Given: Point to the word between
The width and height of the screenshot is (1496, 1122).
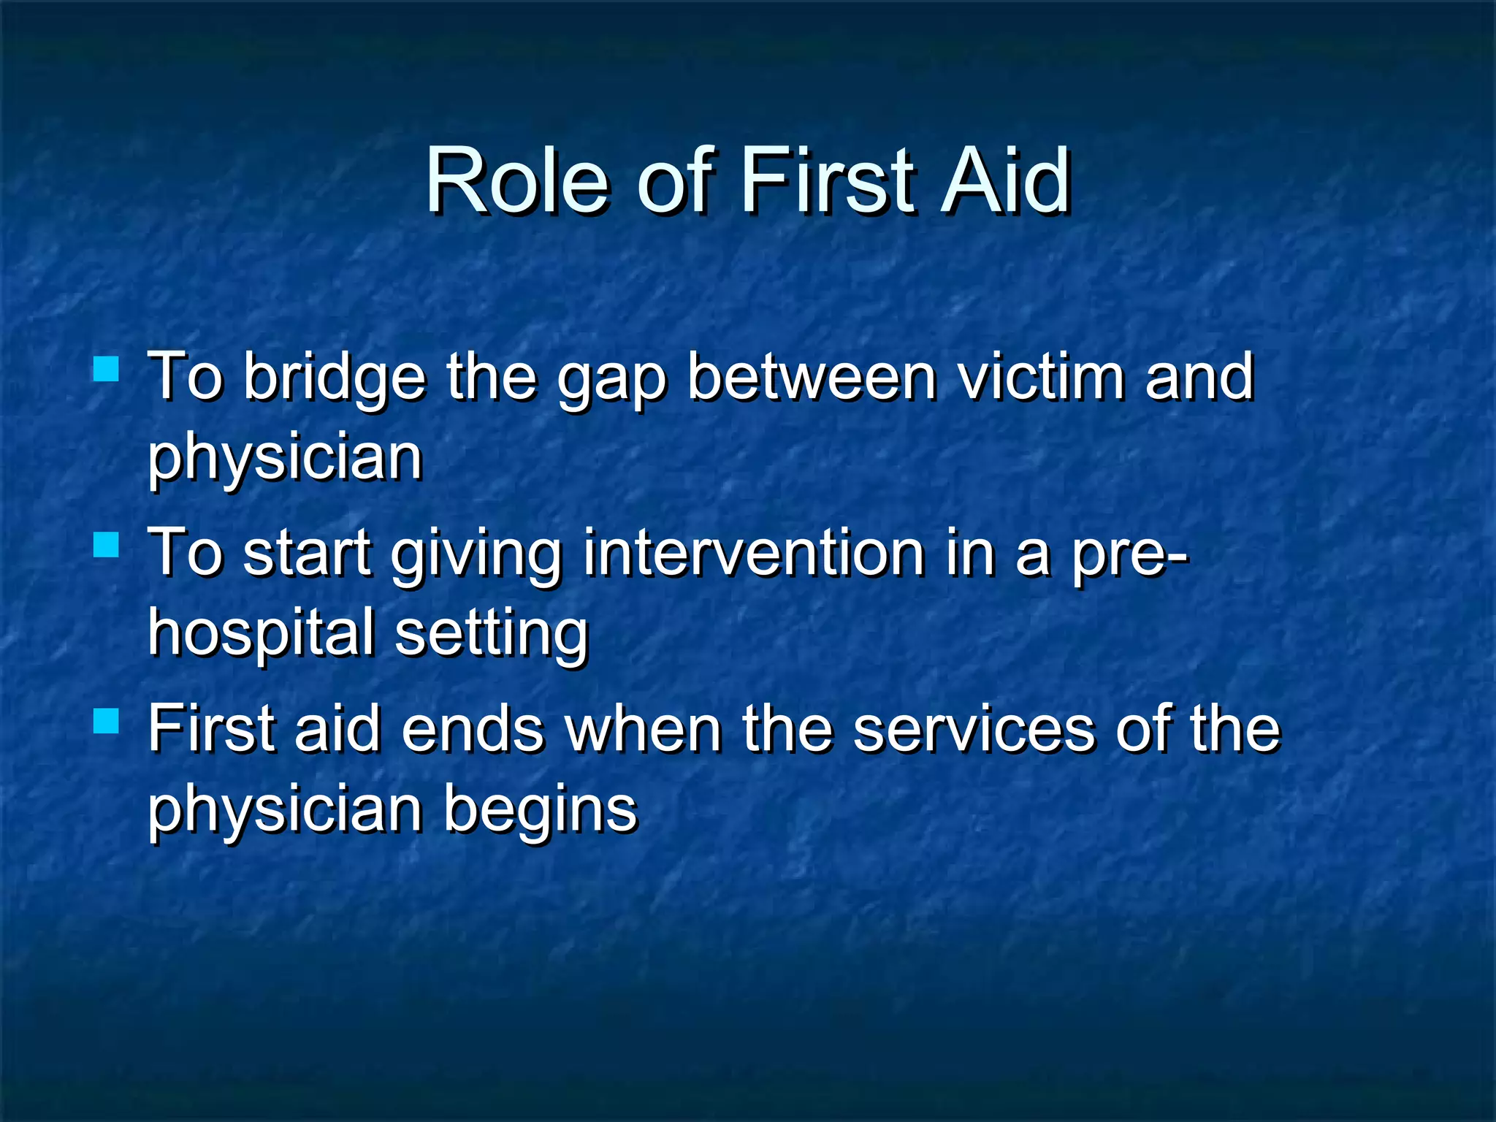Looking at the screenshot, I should coord(812,378).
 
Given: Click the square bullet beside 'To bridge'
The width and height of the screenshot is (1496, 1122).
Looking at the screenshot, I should coord(107,369).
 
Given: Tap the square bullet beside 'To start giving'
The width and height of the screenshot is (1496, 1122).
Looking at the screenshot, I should coord(107,545).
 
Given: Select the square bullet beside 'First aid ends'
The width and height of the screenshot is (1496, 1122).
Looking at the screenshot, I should coord(107,721).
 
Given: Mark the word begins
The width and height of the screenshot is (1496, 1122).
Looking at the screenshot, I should coord(541,812).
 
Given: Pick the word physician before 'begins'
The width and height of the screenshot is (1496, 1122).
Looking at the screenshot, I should coord(286,812).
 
